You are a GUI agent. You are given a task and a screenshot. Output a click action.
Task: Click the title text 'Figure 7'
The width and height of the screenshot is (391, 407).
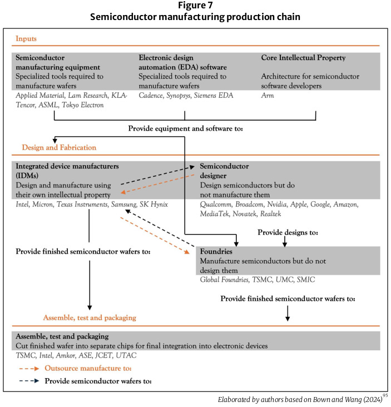pyautogui.click(x=195, y=6)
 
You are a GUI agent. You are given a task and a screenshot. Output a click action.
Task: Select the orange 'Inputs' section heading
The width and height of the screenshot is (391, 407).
pyautogui.click(x=27, y=38)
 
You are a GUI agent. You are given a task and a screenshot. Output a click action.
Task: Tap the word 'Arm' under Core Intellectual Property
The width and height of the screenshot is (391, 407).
pyautogui.click(x=268, y=96)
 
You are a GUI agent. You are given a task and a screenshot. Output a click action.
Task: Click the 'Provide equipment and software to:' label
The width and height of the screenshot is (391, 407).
pyautogui.click(x=187, y=128)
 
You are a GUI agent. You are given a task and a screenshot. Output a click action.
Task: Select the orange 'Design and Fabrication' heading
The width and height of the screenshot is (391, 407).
pyautogui.click(x=59, y=147)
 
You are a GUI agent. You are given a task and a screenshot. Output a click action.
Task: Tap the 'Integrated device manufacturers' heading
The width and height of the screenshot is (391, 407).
pyautogui.click(x=67, y=166)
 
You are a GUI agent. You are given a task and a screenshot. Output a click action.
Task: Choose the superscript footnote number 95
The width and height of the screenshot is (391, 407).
pyautogui.click(x=384, y=395)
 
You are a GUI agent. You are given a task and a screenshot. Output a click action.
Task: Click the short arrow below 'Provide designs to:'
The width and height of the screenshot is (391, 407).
pyautogui.click(x=285, y=242)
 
